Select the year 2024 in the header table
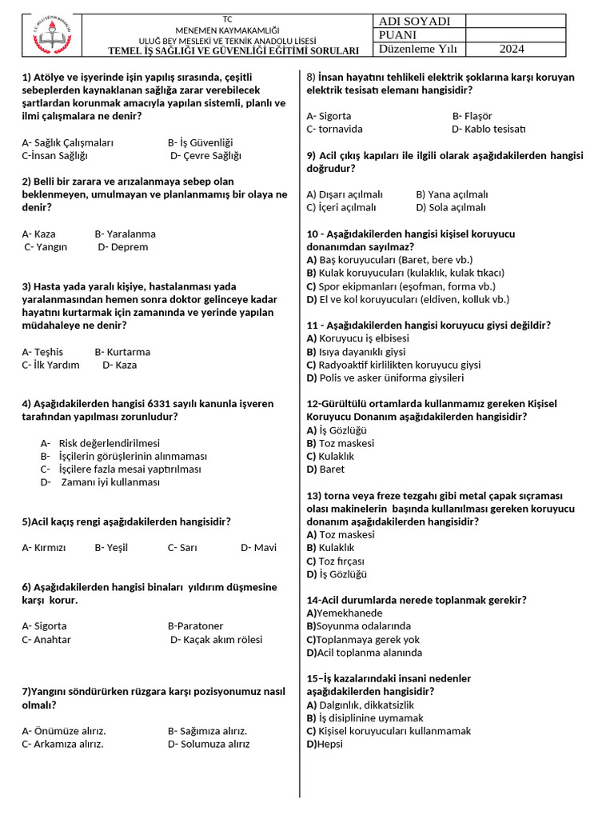(512, 49)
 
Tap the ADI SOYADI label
(415, 22)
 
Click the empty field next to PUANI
(514, 35)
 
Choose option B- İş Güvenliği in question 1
(200, 142)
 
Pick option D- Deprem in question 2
(123, 247)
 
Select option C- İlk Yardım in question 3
(51, 365)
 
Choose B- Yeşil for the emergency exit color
(111, 548)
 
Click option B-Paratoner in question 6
(195, 626)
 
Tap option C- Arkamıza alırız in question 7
(63, 744)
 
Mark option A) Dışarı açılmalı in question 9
(345, 194)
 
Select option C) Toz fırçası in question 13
(336, 561)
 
